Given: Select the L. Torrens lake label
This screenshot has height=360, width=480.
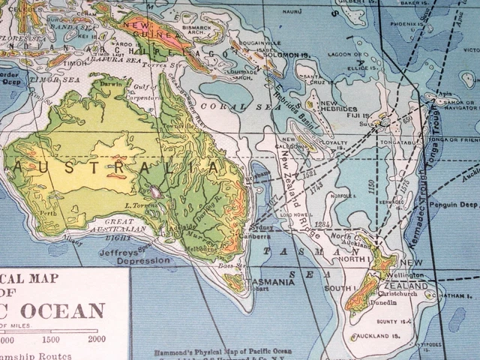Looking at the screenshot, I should pyautogui.click(x=139, y=205).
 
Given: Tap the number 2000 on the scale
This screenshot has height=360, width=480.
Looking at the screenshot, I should pyautogui.click(x=96, y=338).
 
